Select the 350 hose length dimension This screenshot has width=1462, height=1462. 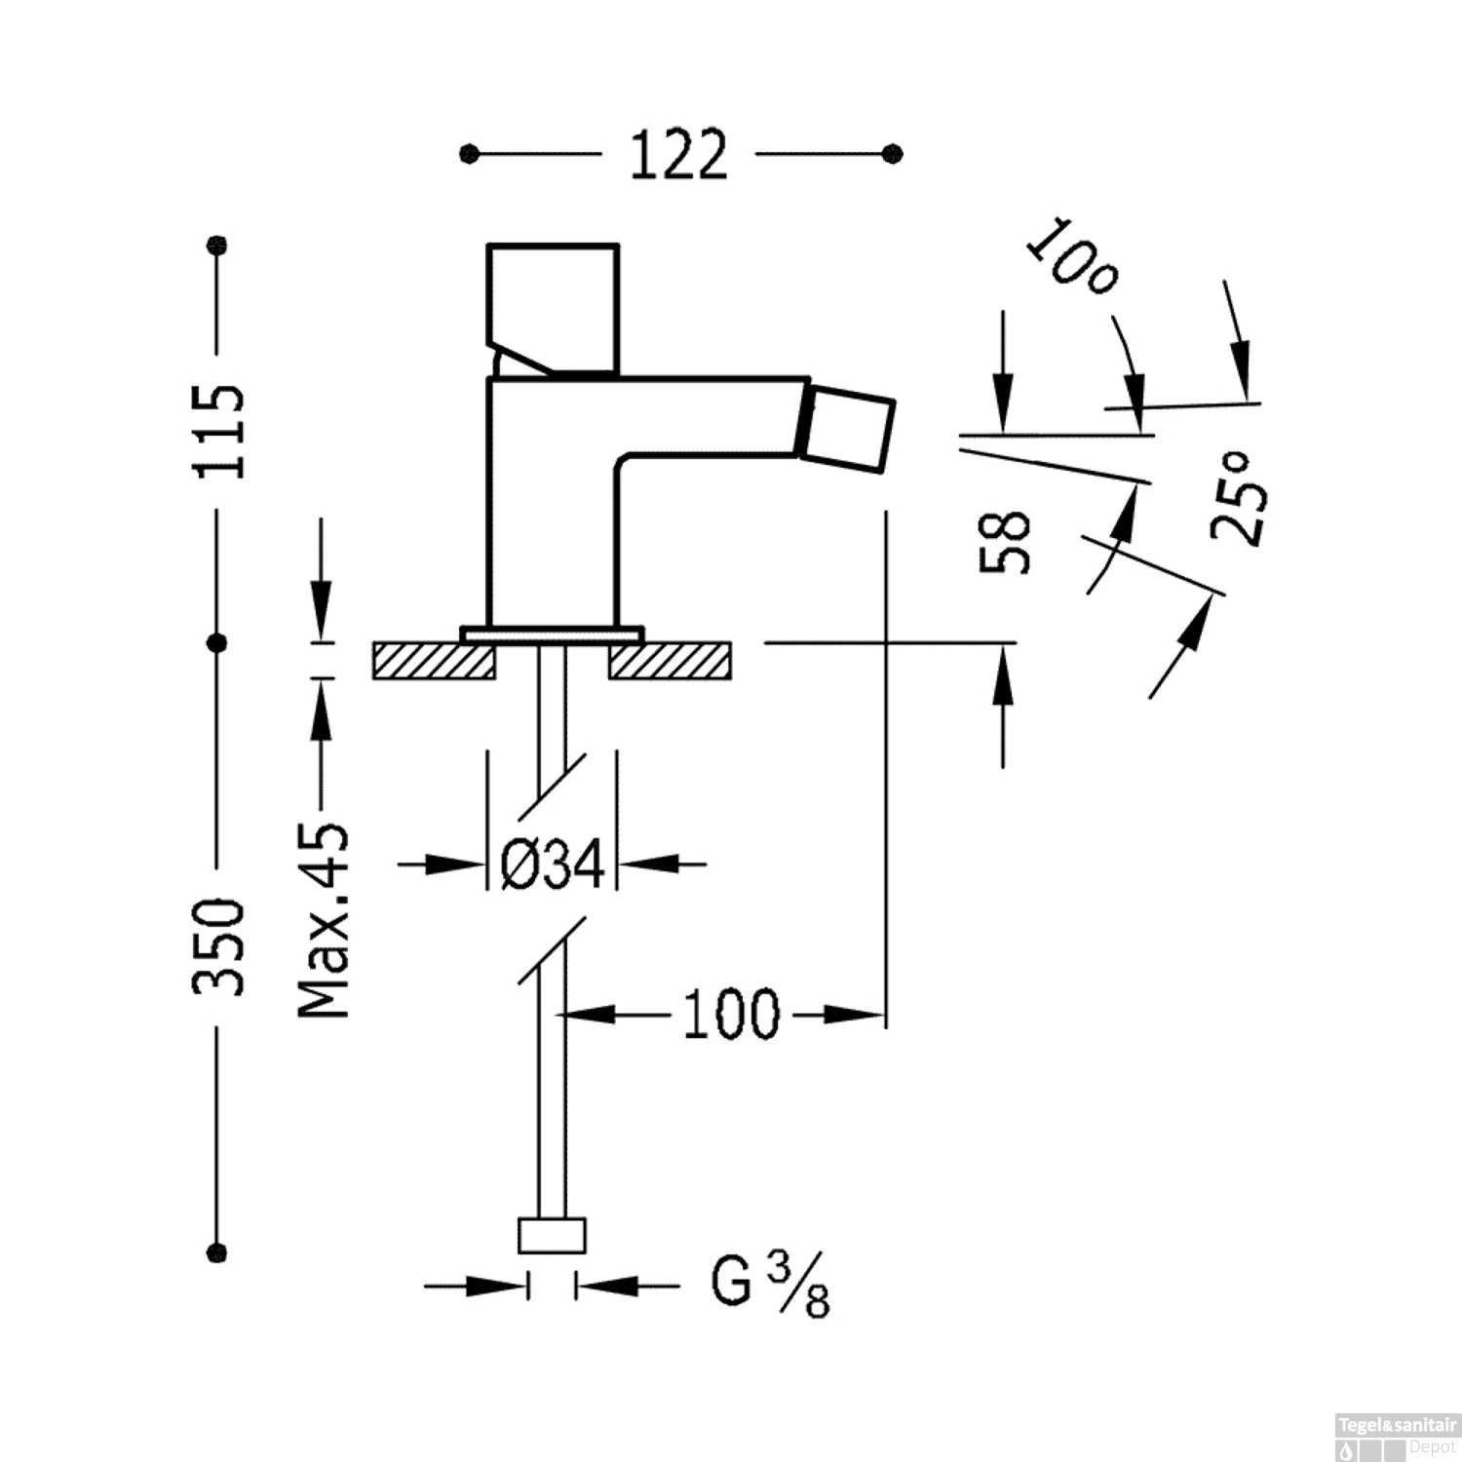point(219,946)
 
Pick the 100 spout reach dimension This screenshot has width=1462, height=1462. point(731,1015)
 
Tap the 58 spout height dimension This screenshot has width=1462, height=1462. point(1005,542)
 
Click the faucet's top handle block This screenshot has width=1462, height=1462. point(553,307)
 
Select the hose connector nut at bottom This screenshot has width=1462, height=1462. point(552,1235)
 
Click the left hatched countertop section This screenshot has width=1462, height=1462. point(434,661)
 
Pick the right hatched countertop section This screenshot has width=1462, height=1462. point(670,661)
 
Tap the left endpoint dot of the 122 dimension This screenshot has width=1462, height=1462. point(471,154)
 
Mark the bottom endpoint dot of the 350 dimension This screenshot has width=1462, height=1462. point(218,1250)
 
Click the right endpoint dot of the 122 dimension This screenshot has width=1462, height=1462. point(892,154)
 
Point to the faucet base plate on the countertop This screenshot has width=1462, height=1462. point(553,635)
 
